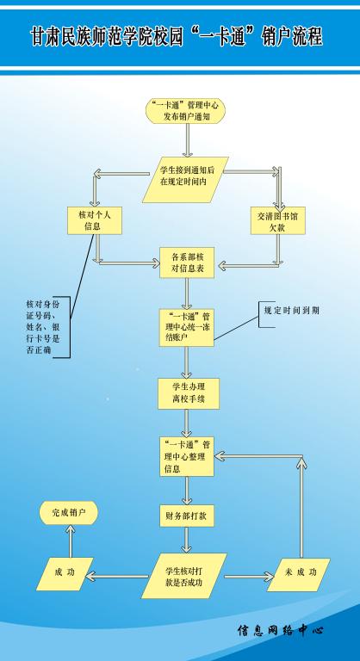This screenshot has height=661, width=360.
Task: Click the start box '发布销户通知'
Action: click(x=186, y=111)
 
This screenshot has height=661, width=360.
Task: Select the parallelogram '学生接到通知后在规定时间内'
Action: click(x=186, y=180)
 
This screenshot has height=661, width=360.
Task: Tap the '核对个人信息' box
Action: click(x=95, y=220)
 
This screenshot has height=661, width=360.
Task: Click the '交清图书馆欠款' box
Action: click(x=277, y=220)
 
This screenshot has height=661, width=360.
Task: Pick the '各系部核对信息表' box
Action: click(x=187, y=263)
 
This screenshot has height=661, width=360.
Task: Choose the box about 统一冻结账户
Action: click(x=187, y=328)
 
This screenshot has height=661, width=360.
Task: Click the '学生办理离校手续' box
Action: click(x=189, y=393)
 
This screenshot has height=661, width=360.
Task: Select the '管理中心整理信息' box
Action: click(x=187, y=456)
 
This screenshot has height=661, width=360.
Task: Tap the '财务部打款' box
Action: click(x=187, y=516)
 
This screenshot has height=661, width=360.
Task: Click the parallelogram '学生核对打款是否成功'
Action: click(x=184, y=576)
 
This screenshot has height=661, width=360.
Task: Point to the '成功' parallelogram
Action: click(x=65, y=574)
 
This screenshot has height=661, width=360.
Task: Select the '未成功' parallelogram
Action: click(x=299, y=575)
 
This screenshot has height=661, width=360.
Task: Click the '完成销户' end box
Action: click(x=68, y=513)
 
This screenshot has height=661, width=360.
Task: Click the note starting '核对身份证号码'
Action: click(x=44, y=327)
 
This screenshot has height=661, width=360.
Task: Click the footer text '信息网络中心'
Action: click(x=280, y=631)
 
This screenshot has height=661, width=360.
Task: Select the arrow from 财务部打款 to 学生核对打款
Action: click(x=187, y=540)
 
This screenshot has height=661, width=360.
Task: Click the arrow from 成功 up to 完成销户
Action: click(x=71, y=541)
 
